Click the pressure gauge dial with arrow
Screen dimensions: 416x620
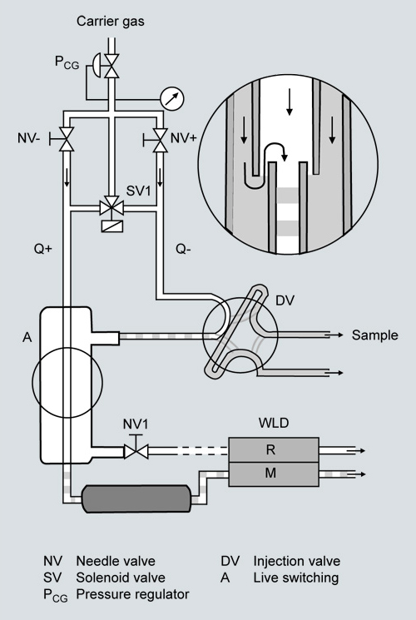click(172, 98)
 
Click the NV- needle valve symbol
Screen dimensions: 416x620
click(63, 139)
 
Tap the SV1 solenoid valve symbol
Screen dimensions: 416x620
click(112, 207)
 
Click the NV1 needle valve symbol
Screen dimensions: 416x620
click(136, 449)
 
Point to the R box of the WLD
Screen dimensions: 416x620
click(274, 449)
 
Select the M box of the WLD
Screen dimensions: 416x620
click(274, 474)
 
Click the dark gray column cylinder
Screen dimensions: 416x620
click(136, 498)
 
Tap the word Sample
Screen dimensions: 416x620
click(375, 335)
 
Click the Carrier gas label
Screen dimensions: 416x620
click(111, 21)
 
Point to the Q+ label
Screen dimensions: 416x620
click(43, 249)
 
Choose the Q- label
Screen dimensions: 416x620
click(184, 249)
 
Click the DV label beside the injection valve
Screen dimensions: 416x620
click(285, 300)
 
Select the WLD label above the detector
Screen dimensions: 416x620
click(274, 423)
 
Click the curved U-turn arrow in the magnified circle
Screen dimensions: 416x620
click(275, 151)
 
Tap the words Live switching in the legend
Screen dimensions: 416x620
click(296, 578)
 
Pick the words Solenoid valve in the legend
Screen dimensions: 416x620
click(121, 578)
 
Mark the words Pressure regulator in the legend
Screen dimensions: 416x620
click(132, 594)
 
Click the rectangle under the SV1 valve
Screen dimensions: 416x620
click(112, 226)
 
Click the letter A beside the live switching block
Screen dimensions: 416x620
click(27, 337)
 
